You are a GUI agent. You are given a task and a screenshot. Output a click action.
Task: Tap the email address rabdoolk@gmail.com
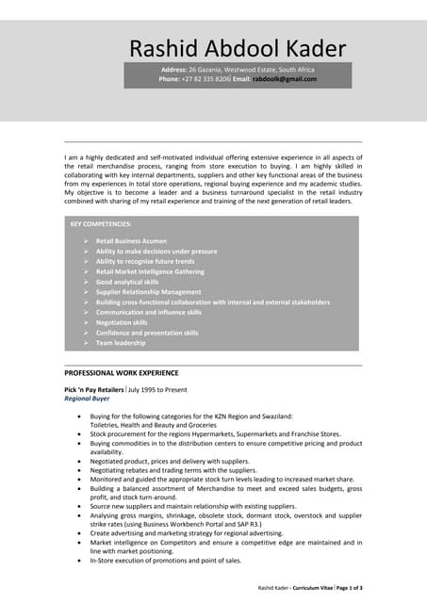point(285,80)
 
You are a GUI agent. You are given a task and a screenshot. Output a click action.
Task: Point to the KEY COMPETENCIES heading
point(101,224)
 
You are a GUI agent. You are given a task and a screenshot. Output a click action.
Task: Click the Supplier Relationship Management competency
point(148,292)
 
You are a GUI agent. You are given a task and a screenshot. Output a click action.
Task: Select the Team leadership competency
point(121,343)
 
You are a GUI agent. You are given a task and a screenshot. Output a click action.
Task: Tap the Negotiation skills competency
point(122,322)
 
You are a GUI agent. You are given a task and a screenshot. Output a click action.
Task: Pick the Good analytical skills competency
point(127,282)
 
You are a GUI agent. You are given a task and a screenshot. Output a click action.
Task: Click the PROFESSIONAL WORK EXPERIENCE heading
point(121,373)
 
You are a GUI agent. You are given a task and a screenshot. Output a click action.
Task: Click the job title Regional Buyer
point(86,399)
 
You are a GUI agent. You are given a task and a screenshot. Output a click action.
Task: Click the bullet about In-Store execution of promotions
point(166,560)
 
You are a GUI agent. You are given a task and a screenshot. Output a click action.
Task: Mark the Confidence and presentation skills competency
point(147,333)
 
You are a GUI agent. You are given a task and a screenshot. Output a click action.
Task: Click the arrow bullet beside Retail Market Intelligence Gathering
point(85,271)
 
